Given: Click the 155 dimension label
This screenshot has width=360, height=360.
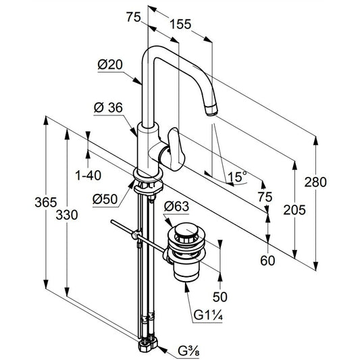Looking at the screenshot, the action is tap(180, 24).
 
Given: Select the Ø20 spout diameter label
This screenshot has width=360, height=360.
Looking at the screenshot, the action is tap(110, 65).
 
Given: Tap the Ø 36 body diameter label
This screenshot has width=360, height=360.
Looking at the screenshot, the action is tap(108, 107).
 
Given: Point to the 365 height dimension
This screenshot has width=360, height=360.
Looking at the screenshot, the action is tap(46, 202).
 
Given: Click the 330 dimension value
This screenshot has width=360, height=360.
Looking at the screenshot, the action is tap(67, 215).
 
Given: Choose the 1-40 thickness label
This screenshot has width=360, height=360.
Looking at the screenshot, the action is tap(88, 176).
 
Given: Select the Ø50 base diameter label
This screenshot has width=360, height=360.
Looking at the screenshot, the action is tap(105, 199).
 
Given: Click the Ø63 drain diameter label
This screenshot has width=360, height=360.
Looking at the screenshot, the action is tap(176, 207).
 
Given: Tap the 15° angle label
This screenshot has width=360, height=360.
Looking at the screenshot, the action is tap(237, 176).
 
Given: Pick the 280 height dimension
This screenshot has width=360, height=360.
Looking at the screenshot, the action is tap(315, 182).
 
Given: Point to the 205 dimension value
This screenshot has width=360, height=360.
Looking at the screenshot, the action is tap(294, 210).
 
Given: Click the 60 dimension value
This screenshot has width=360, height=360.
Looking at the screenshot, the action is tap(267, 261).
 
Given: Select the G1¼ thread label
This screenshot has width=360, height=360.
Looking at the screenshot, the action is tap(208, 315).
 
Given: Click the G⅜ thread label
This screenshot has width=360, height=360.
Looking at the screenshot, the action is tap(188, 351).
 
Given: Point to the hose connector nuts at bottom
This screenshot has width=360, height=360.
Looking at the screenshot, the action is tap(148, 344).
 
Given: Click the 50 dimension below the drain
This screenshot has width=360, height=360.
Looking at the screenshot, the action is tap(220, 297).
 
